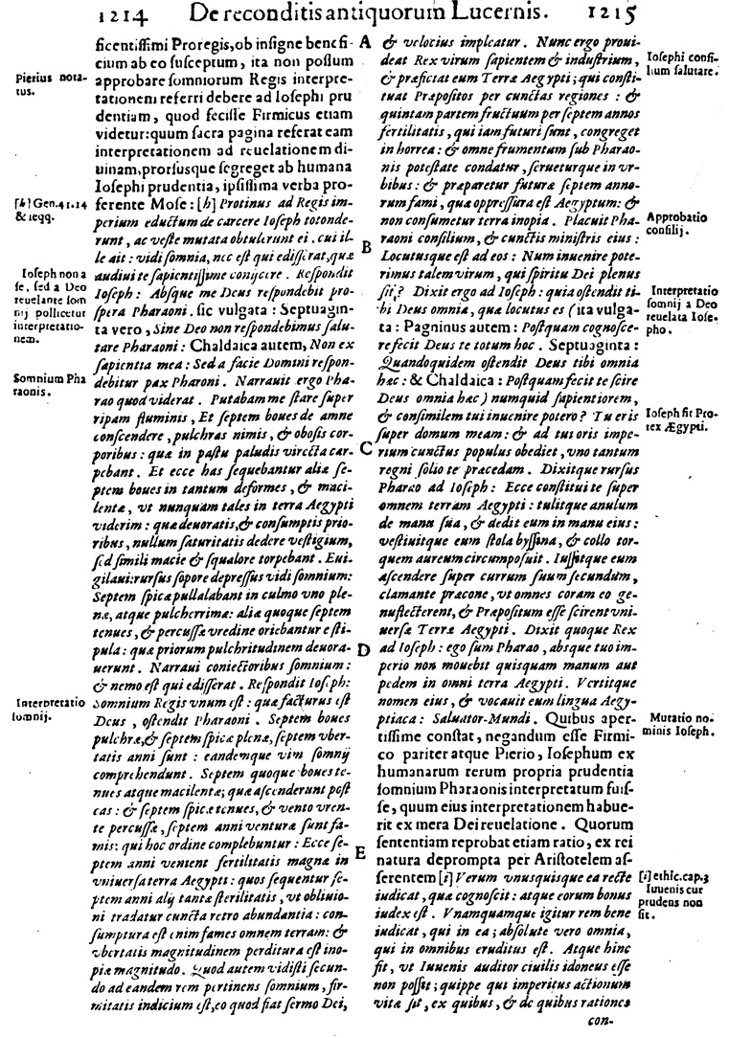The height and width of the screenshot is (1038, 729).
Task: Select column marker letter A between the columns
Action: pos(366,44)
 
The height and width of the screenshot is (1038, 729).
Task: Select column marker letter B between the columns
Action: pos(366,247)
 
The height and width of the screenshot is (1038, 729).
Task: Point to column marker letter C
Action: pos(366,448)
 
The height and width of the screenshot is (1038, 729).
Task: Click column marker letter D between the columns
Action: pos(364,649)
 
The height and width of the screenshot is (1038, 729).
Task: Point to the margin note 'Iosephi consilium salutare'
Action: pos(682,65)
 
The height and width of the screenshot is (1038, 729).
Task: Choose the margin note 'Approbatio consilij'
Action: pos(676,225)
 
